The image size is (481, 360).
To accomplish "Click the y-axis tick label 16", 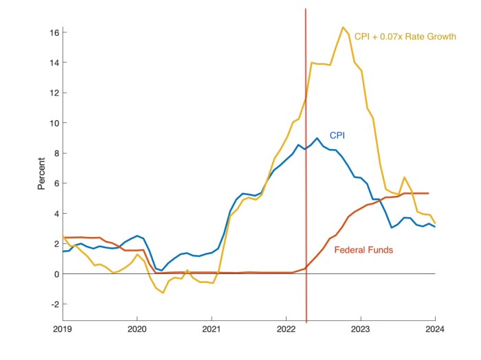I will click(x=52, y=32).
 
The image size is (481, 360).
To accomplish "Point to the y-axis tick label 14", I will click(x=52, y=63).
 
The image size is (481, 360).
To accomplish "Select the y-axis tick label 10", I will click(x=52, y=123).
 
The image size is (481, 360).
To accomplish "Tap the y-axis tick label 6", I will click(x=55, y=183).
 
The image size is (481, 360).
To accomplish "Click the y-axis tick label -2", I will click(x=53, y=304).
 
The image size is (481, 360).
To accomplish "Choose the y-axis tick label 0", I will click(x=55, y=274).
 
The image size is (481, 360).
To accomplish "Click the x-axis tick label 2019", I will click(x=63, y=328).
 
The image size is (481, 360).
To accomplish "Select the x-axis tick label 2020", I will click(x=137, y=328).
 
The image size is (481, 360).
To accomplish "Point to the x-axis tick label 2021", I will click(x=212, y=328).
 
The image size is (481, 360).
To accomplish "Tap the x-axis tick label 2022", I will click(x=286, y=328).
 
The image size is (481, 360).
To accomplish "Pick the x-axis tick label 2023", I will click(x=361, y=328).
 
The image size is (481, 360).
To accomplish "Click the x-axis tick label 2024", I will click(x=435, y=328).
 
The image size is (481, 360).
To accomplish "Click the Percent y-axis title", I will click(x=41, y=176).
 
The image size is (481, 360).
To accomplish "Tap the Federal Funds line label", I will click(x=363, y=250).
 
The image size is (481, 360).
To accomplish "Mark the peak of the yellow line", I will click(x=343, y=27).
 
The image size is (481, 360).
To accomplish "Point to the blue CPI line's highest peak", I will click(x=317, y=138).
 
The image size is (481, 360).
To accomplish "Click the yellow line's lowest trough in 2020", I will click(x=163, y=293).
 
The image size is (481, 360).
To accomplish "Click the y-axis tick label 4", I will click(x=55, y=214).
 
